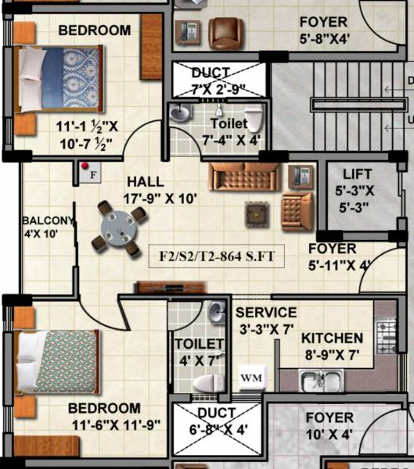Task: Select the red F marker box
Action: [x=88, y=172]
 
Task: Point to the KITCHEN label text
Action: [x=332, y=338]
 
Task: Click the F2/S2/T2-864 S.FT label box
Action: [x=217, y=255]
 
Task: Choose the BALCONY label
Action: [x=47, y=220]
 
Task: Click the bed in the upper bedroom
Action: [x=56, y=79]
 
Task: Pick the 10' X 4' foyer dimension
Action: [x=329, y=435]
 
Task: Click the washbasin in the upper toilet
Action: [x=180, y=114]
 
